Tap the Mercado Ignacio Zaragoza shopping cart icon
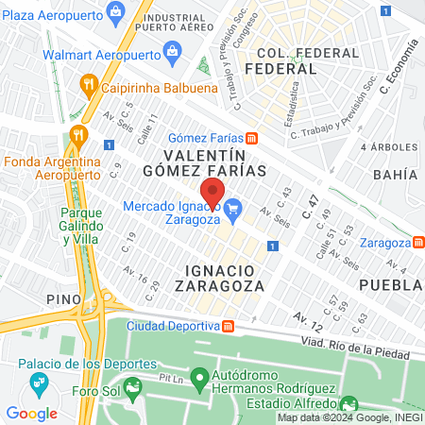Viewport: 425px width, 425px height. (234, 208)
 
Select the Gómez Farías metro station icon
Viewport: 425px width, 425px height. (251, 138)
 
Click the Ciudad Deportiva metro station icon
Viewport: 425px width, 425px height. (228, 327)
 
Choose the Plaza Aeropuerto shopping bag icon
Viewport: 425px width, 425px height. (115, 11)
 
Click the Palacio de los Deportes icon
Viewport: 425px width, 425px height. (39, 383)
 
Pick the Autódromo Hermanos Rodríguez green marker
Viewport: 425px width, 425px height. (199, 380)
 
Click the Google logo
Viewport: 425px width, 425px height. (31, 413)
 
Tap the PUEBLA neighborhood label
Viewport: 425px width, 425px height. (391, 284)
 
